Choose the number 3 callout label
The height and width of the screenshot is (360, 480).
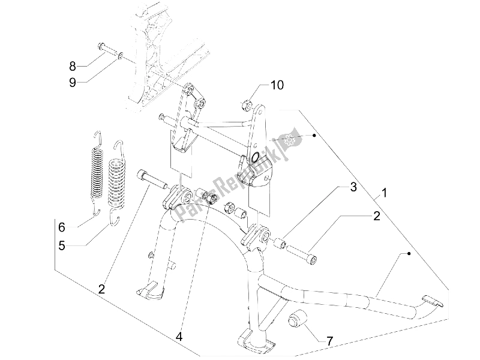(x=354, y=188)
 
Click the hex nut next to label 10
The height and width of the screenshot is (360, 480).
(x=247, y=106)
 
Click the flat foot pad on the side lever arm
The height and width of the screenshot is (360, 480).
(x=433, y=301)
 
